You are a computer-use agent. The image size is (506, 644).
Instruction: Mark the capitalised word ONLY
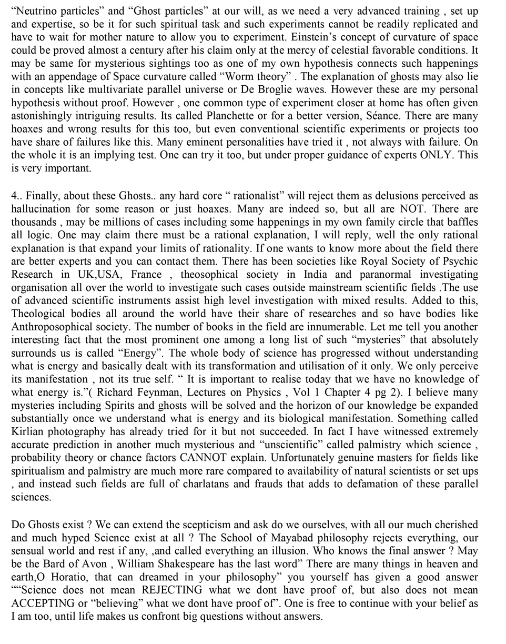click(x=437, y=155)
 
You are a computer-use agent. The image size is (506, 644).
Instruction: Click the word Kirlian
click(x=26, y=432)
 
